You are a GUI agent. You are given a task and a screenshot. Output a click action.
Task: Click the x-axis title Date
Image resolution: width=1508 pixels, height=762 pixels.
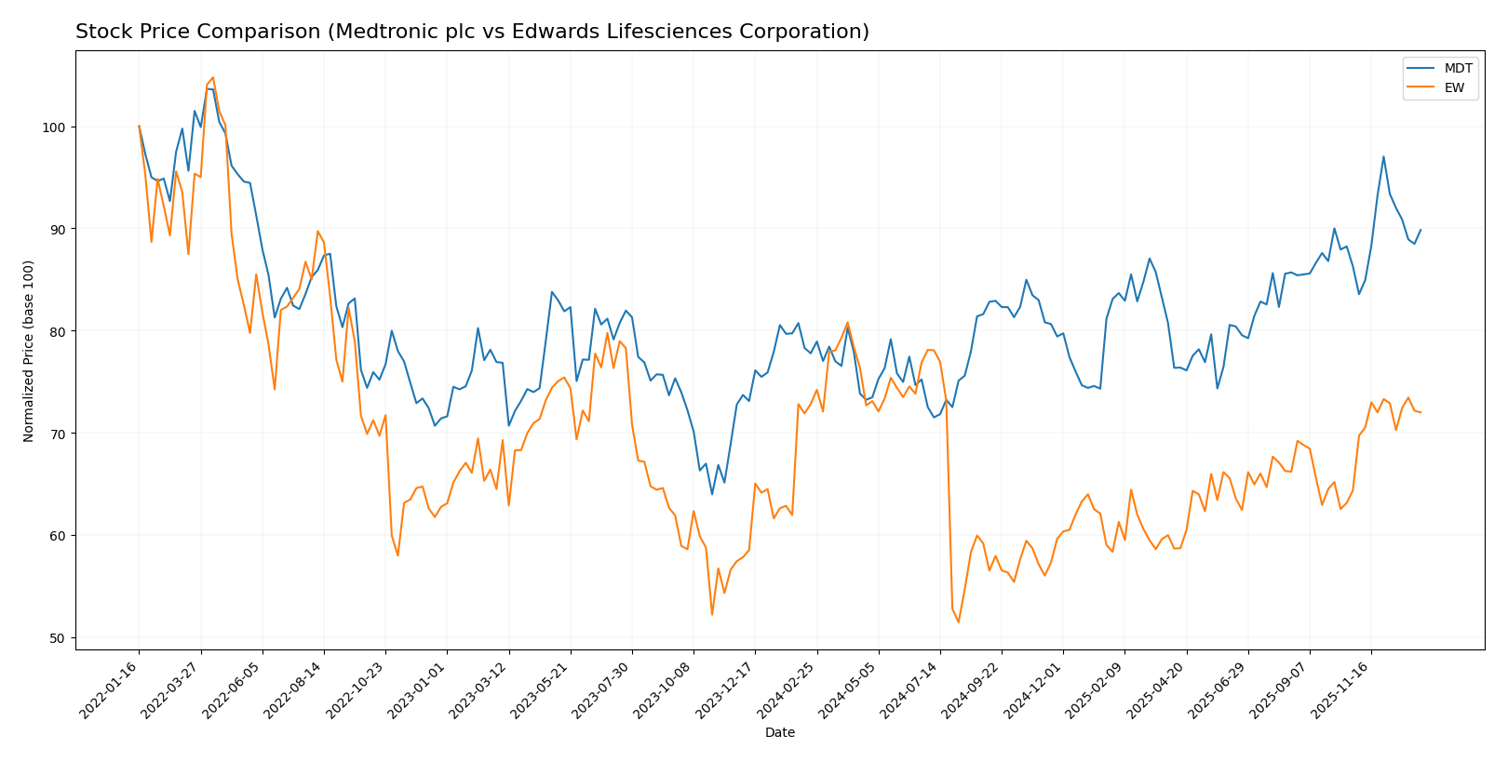[780, 733]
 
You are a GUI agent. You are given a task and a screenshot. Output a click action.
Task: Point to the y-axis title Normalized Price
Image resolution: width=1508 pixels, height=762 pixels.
[29, 351]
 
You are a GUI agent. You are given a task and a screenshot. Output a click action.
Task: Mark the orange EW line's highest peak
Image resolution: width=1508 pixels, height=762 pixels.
[212, 77]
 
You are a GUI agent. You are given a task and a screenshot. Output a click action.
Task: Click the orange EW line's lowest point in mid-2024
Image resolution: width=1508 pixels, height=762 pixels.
[959, 622]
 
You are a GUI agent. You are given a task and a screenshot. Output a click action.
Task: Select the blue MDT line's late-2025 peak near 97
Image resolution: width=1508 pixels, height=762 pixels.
[1383, 156]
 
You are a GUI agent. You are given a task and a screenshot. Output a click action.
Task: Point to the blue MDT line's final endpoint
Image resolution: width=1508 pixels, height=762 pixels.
[1420, 230]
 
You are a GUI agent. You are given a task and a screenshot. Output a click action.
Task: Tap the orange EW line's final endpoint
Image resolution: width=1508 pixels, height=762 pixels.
[1420, 412]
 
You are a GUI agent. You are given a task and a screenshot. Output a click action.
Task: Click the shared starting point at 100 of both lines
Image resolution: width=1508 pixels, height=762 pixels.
[139, 127]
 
